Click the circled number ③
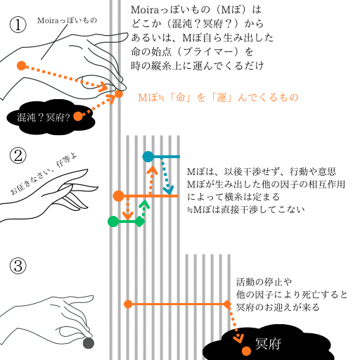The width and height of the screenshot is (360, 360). coord(18,266)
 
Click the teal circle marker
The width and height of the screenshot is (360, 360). coord(148,156)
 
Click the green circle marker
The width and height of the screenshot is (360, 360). coord(112,221)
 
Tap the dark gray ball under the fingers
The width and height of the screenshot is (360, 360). coord(88,343)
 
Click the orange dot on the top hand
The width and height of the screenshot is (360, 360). coord(21,65)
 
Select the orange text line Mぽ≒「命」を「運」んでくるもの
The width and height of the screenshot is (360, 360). coord(218,97)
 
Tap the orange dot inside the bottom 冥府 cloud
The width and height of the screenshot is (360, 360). coord(245,350)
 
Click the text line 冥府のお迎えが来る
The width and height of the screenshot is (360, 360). coord(278,307)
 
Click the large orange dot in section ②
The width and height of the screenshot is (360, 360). coord(119,195)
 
